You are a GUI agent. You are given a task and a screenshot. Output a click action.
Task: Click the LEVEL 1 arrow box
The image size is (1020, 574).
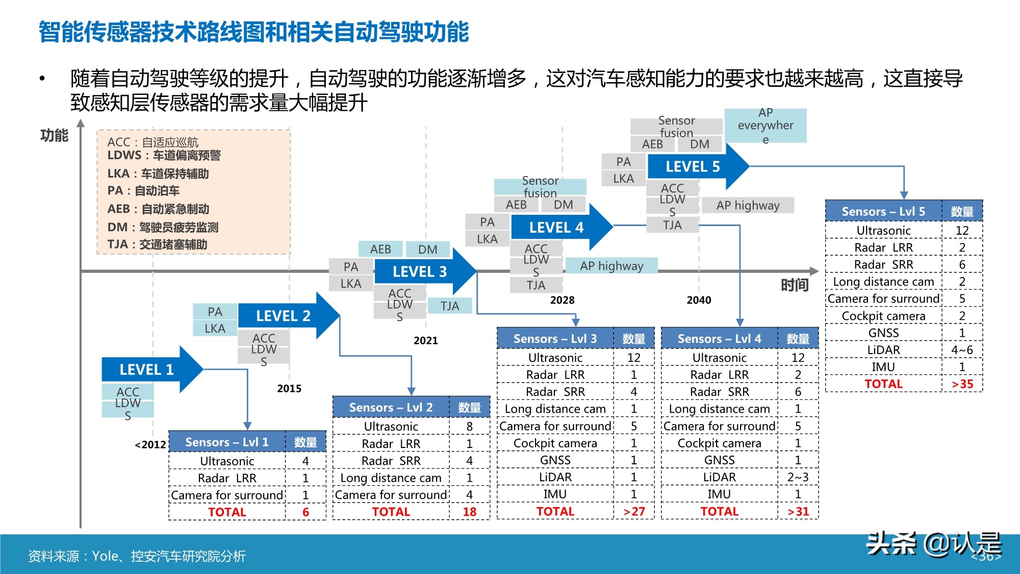(x=147, y=369)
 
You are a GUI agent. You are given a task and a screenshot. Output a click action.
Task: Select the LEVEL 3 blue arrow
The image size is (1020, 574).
(x=420, y=271)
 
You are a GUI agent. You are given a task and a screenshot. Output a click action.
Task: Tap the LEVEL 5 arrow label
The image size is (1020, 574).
(x=693, y=166)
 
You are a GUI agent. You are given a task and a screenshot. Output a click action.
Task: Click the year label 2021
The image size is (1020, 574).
(x=426, y=340)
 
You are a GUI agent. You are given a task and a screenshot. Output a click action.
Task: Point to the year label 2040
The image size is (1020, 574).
(x=699, y=300)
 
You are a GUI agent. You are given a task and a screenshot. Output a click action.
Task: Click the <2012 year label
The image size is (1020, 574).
(x=150, y=444)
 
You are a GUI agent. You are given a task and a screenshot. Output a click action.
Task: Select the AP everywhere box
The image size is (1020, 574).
(x=766, y=126)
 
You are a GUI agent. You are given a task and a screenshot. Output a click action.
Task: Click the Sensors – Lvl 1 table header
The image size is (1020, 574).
(x=227, y=442)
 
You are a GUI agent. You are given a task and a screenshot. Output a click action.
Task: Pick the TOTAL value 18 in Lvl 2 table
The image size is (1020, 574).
(x=469, y=512)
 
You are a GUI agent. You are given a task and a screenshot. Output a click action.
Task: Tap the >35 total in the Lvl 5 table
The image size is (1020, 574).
(x=962, y=384)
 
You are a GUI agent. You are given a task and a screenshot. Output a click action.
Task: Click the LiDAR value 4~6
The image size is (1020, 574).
(x=962, y=350)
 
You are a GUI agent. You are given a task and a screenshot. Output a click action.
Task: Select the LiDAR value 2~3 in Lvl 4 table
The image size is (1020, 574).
(x=798, y=477)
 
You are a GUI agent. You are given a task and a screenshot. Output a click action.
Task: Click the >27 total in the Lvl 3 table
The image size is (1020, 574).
(x=634, y=511)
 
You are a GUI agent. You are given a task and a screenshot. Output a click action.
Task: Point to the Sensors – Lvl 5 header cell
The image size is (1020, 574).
(x=883, y=211)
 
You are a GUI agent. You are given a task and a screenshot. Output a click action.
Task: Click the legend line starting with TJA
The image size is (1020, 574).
(x=157, y=244)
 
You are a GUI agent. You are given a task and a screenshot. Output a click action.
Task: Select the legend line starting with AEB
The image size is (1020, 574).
(x=158, y=209)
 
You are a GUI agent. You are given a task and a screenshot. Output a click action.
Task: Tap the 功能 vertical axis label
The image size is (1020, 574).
(x=54, y=135)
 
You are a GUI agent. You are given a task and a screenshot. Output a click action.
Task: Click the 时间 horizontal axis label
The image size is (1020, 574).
(x=795, y=285)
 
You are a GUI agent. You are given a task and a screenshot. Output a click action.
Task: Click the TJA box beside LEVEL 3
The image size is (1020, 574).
(x=450, y=306)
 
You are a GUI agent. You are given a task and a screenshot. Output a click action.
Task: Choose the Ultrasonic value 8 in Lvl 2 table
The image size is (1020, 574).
(x=469, y=426)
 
